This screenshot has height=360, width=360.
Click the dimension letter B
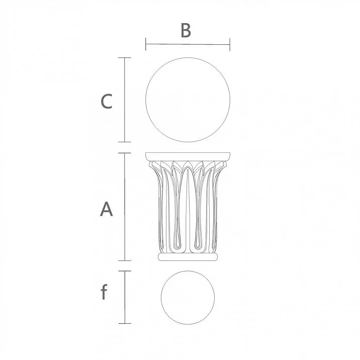186,31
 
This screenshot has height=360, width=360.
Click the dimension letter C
106,102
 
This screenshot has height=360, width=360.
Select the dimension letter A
106,209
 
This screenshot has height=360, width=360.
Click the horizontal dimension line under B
188,44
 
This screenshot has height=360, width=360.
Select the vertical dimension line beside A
124,207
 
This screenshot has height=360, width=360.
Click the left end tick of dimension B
145,44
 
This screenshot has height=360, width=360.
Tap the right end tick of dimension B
230,44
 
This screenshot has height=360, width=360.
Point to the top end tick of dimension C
124,58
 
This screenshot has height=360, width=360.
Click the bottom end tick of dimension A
124,260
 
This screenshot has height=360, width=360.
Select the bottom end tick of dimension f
124,323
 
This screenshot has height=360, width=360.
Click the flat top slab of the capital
188,156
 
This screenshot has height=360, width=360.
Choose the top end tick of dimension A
124,153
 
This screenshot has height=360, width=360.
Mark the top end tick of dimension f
124,272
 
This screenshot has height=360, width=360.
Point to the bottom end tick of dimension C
124,142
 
